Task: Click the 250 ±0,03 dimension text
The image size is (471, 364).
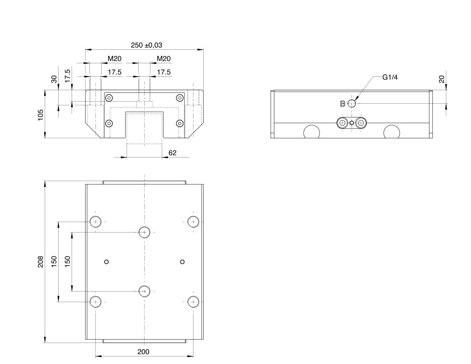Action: [x=146, y=45]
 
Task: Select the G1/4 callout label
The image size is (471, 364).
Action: [x=390, y=77]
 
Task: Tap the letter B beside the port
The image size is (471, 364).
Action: [x=343, y=104]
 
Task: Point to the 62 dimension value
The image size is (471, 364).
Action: [x=172, y=153]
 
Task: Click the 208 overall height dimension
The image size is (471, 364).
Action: [x=40, y=262]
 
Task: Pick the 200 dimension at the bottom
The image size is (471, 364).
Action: [x=143, y=352]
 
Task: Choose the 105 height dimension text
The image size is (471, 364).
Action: [x=40, y=115]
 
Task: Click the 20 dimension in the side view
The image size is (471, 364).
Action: [x=441, y=79]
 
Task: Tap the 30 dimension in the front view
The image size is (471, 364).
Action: [x=54, y=79]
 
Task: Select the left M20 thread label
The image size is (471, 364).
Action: [x=114, y=59]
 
